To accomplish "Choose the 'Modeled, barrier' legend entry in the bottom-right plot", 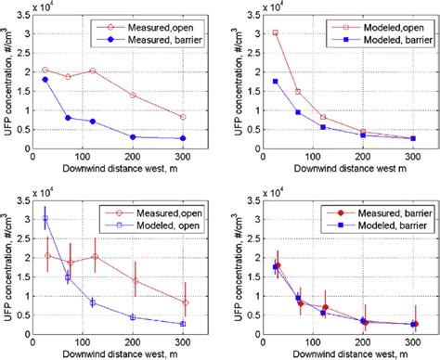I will click(x=382, y=219).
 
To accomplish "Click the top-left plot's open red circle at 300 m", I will click(x=182, y=117).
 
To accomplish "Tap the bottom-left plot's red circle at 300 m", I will click(x=182, y=302).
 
